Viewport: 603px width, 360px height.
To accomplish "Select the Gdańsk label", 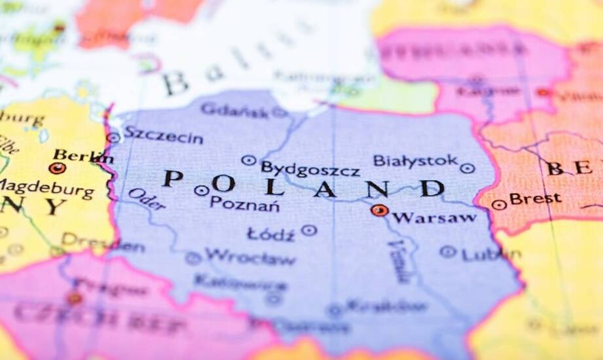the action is (x=234, y=110).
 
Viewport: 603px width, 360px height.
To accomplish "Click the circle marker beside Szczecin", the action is (x=113, y=137).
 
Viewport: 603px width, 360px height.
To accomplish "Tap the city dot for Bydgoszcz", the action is (x=248, y=160).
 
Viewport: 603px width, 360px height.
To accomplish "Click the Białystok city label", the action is (x=415, y=160).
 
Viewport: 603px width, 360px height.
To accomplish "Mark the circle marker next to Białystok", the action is (x=467, y=168).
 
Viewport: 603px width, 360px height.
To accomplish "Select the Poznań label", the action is (x=245, y=204).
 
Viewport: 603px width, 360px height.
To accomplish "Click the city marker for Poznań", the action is (x=202, y=190).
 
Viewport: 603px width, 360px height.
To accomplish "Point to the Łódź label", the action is (x=270, y=234).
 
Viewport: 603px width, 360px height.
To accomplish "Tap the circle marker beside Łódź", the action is (x=309, y=230).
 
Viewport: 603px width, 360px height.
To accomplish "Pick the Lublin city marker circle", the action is (x=448, y=251).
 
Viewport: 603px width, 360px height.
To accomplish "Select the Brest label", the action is (x=535, y=198).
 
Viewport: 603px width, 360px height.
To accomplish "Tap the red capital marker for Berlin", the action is (x=57, y=168).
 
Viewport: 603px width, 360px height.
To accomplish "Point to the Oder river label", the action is (x=147, y=199).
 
